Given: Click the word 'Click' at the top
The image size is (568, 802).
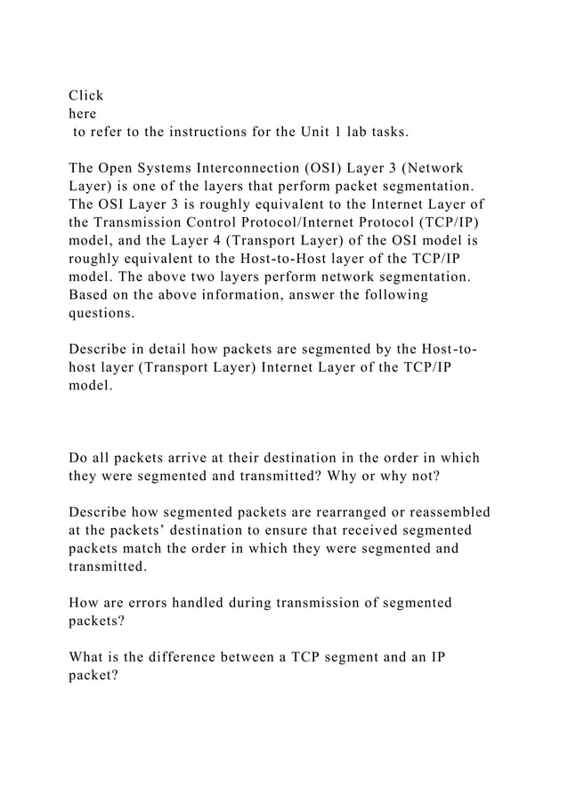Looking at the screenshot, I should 86,95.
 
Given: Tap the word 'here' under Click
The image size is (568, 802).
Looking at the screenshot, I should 83,114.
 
